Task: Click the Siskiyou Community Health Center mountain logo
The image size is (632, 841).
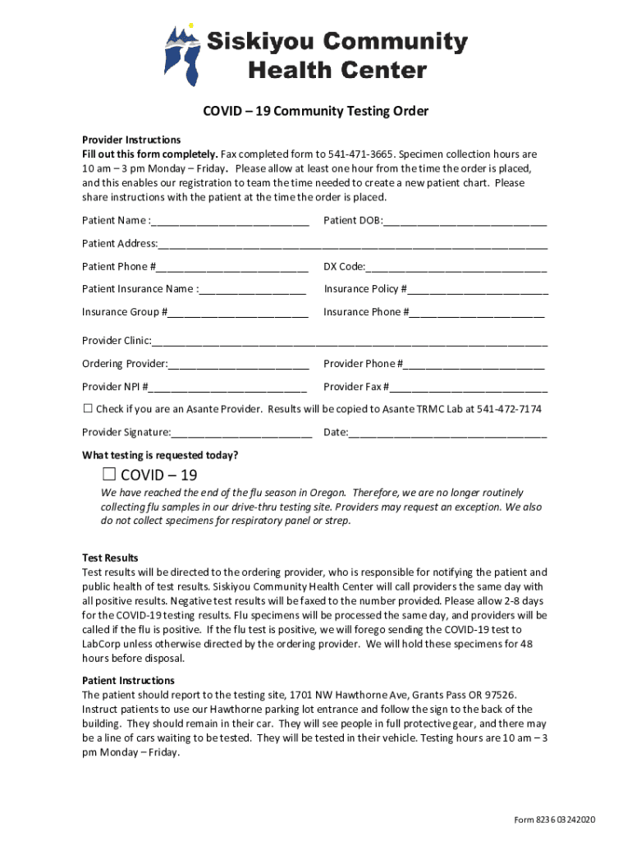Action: pyautogui.click(x=182, y=54)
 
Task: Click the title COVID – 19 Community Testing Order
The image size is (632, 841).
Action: pyautogui.click(x=316, y=111)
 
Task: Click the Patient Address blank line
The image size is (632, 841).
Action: pyautogui.click(x=352, y=244)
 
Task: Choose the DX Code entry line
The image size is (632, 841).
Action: pyautogui.click(x=456, y=267)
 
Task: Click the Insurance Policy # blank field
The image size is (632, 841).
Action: pyautogui.click(x=478, y=289)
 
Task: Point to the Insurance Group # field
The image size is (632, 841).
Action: pyautogui.click(x=238, y=312)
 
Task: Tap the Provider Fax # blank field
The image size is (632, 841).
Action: pyautogui.click(x=468, y=387)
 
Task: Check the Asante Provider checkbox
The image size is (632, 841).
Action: pyautogui.click(x=88, y=409)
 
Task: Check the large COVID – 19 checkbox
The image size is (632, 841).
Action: pyautogui.click(x=109, y=475)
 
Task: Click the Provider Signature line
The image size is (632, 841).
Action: pyautogui.click(x=241, y=433)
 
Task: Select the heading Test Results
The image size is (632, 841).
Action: pyautogui.click(x=110, y=558)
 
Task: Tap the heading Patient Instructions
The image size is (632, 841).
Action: pyautogui.click(x=128, y=681)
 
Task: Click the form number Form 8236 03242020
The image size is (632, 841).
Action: pyautogui.click(x=554, y=820)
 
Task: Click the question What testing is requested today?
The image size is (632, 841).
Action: pyautogui.click(x=160, y=455)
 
